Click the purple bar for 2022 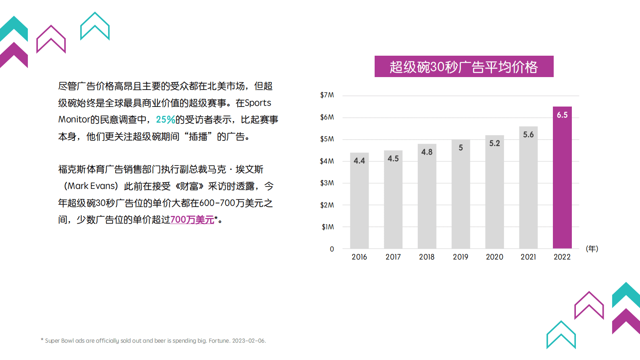pyautogui.click(x=562, y=182)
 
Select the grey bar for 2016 pyautogui.click(x=359, y=202)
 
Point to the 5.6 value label pyautogui.click(x=528, y=134)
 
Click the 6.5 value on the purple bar pyautogui.click(x=562, y=115)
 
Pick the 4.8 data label pyautogui.click(x=427, y=152)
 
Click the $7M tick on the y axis pyautogui.click(x=327, y=95)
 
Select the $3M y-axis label pyautogui.click(x=327, y=183)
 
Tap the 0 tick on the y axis pyautogui.click(x=332, y=249)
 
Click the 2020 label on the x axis pyautogui.click(x=494, y=257)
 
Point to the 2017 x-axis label pyautogui.click(x=393, y=257)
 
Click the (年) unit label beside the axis pyautogui.click(x=592, y=249)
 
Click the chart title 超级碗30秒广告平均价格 pyautogui.click(x=464, y=67)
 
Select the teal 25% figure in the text pyautogui.click(x=165, y=120)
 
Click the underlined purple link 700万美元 pyautogui.click(x=192, y=220)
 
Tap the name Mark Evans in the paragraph pyautogui.click(x=92, y=186)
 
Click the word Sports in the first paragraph pyautogui.click(x=258, y=103)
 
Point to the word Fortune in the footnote pyautogui.click(x=219, y=341)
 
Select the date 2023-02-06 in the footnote pyautogui.click(x=248, y=341)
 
